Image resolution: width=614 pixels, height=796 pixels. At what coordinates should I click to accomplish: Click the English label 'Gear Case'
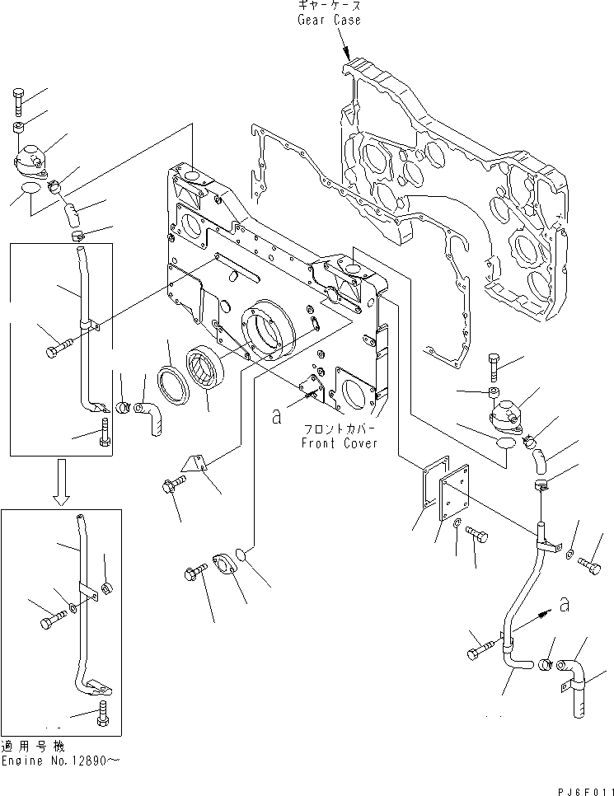(x=329, y=19)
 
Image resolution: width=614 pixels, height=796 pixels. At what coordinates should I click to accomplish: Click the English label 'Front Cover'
(x=339, y=442)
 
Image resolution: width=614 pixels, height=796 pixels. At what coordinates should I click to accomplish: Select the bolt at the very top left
(x=19, y=102)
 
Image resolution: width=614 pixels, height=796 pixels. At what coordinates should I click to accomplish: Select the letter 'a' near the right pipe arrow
(x=563, y=604)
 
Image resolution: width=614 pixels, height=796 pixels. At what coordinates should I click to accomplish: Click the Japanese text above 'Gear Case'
(x=329, y=5)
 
